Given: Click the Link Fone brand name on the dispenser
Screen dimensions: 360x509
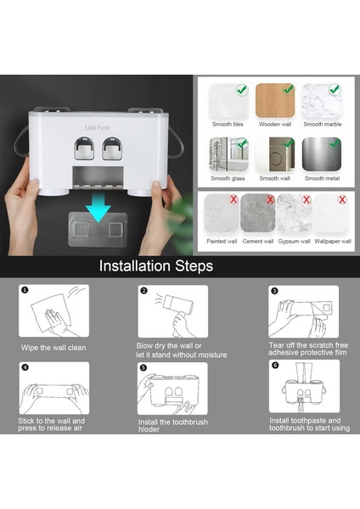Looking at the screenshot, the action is [x=98, y=128].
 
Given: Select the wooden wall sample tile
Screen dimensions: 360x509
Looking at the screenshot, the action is [x=275, y=100].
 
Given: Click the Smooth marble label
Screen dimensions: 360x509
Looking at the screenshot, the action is [x=323, y=124].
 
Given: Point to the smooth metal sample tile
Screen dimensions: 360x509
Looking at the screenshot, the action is [x=322, y=154].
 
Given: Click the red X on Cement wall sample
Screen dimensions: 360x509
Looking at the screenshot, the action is [x=270, y=199].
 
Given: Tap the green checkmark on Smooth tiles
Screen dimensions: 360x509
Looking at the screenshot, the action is [x=242, y=90].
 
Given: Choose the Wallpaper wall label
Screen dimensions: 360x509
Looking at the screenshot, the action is [x=333, y=241].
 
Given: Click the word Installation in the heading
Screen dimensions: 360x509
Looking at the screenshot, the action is [x=135, y=266].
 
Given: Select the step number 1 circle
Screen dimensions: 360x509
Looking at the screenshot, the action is [x=25, y=289].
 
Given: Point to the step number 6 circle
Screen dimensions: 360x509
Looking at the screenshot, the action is [x=275, y=366].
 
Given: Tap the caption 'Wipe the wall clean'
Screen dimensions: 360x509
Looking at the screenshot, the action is [x=53, y=348].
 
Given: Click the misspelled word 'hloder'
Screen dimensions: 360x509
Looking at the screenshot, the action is [x=149, y=429].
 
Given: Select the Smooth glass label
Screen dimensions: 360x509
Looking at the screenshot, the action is [x=228, y=178].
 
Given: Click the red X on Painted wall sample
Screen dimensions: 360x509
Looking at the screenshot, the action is [x=233, y=199].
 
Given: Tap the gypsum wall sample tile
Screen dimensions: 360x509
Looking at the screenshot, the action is [x=294, y=213].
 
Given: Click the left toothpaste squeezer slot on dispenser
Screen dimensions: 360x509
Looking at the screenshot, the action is [x=84, y=148].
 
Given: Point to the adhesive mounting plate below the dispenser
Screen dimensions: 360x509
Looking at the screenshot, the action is [x=98, y=229].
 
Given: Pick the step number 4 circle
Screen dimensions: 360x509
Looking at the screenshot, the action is [x=25, y=367].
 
